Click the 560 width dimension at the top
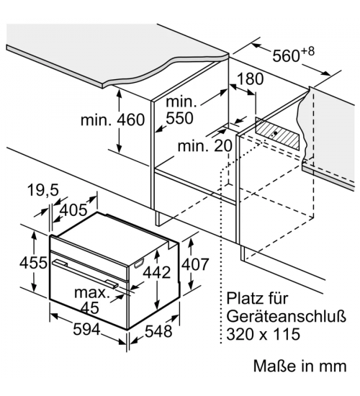[x=294, y=55]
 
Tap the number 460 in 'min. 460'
[x=130, y=120]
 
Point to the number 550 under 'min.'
[x=179, y=117]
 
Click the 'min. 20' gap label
[x=205, y=146]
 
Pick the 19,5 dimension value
[x=43, y=190]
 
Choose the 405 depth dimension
[x=73, y=210]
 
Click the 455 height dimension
[x=33, y=263]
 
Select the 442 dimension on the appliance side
[x=157, y=272]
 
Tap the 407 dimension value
[x=196, y=264]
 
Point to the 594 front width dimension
[x=87, y=330]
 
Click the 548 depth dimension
[x=158, y=331]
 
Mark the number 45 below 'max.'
[x=90, y=307]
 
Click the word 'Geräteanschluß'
[x=286, y=317]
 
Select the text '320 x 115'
[x=264, y=334]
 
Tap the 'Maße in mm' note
[x=300, y=366]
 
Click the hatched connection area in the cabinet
[x=277, y=134]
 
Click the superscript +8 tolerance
[x=308, y=52]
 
